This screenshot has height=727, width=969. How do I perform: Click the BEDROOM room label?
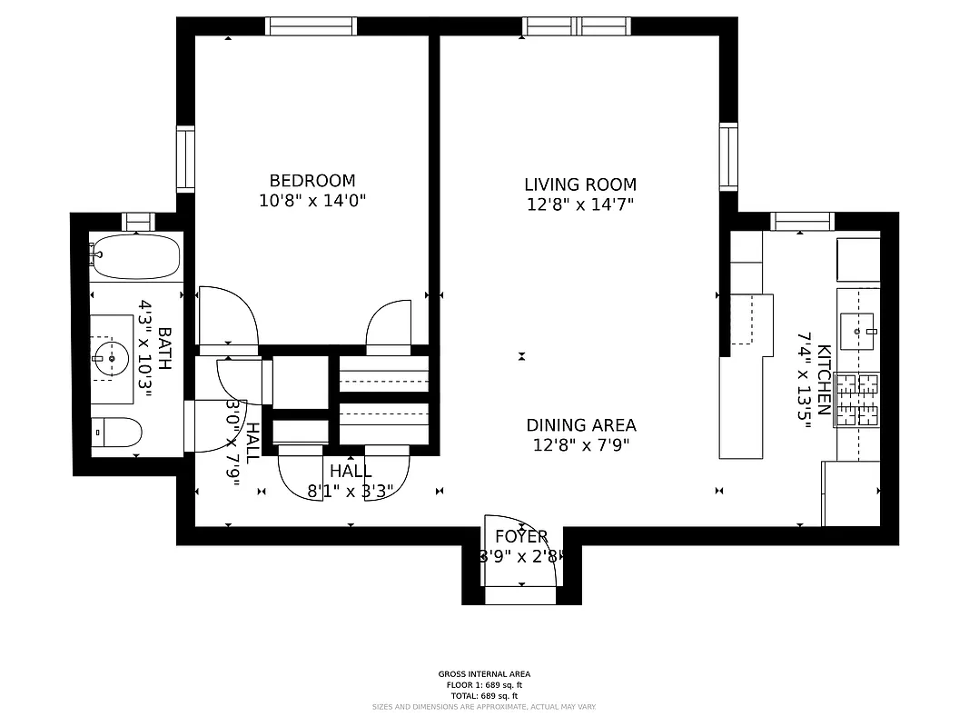click(312, 181)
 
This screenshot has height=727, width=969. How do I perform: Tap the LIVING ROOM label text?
click(579, 184)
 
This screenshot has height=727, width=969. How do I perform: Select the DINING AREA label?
click(581, 425)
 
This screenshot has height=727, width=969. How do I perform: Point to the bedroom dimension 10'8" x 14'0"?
click(312, 202)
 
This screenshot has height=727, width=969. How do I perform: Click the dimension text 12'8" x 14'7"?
click(579, 205)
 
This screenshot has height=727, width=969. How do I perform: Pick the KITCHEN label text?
click(824, 379)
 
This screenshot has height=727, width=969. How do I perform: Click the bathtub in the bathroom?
click(136, 256)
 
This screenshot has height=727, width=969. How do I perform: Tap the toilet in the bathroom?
click(116, 433)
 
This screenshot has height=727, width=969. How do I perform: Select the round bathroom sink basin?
click(111, 358)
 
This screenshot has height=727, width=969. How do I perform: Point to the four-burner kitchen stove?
click(857, 400)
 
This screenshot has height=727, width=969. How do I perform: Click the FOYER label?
click(521, 536)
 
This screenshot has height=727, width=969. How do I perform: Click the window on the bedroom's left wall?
click(185, 158)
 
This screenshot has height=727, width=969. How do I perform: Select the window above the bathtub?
click(138, 221)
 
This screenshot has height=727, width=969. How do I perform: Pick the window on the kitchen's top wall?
click(802, 221)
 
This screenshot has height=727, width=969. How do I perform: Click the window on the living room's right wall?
click(728, 156)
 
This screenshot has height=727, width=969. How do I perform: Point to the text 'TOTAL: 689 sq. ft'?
click(484, 695)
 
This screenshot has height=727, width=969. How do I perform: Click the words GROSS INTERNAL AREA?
click(484, 674)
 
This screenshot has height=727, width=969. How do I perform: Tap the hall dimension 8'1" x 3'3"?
click(351, 492)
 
